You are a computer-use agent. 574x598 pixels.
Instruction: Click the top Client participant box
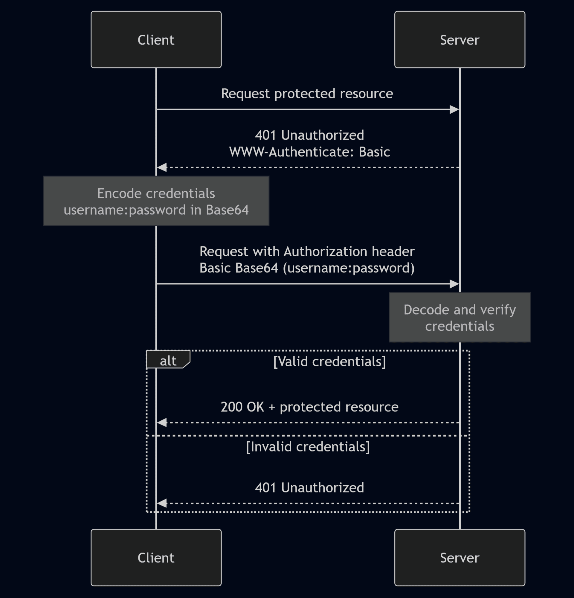pyautogui.click(x=156, y=40)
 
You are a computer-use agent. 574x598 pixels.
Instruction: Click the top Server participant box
pyautogui.click(x=459, y=40)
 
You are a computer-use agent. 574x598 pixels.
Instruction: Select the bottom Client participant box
pyautogui.click(x=156, y=557)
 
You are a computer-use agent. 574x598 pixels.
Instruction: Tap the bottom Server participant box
pyautogui.click(x=459, y=557)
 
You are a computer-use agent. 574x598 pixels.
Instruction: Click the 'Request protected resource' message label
pyautogui.click(x=307, y=93)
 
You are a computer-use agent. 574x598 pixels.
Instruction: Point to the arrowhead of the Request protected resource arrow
pyautogui.click(x=454, y=109)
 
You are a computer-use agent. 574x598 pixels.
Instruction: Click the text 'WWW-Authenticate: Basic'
pyautogui.click(x=309, y=152)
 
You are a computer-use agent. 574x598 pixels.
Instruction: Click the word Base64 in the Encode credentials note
pyautogui.click(x=227, y=210)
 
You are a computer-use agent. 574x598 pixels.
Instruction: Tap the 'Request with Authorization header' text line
pyautogui.click(x=307, y=251)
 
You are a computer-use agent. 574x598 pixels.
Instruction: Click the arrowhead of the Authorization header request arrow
pyautogui.click(x=454, y=284)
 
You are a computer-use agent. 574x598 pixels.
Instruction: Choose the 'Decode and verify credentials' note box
pyautogui.click(x=459, y=317)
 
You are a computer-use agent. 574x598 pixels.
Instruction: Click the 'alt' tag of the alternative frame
pyautogui.click(x=168, y=361)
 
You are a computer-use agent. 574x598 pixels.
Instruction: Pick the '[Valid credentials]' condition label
pyautogui.click(x=329, y=361)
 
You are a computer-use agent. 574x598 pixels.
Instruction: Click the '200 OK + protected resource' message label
pyautogui.click(x=309, y=407)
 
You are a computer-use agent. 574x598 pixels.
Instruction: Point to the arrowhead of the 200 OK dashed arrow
pyautogui.click(x=162, y=422)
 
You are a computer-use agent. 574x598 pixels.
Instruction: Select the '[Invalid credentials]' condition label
pyautogui.click(x=308, y=447)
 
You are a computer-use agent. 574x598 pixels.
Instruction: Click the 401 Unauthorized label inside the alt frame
pyautogui.click(x=309, y=488)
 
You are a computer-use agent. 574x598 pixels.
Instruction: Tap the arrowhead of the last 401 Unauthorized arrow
pyautogui.click(x=162, y=503)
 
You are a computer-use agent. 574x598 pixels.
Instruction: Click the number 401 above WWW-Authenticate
pyautogui.click(x=265, y=135)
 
